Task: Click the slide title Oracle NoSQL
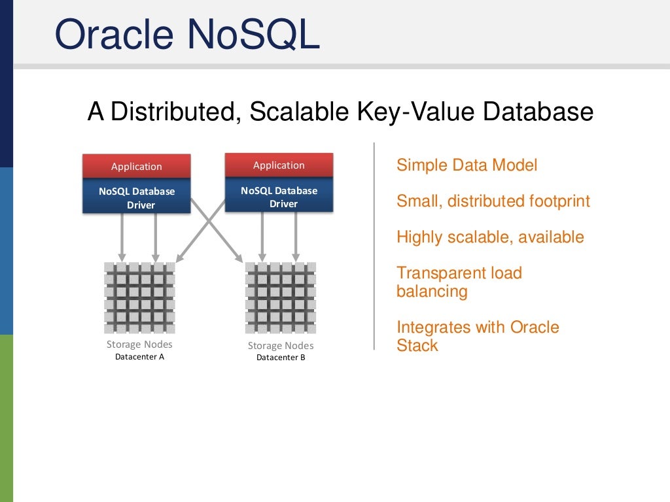click(x=187, y=35)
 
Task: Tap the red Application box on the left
click(x=137, y=166)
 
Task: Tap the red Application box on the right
click(x=279, y=165)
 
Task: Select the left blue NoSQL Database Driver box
click(x=137, y=197)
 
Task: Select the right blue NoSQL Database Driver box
click(x=279, y=197)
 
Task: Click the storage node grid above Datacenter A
click(x=139, y=297)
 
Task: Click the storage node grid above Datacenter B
click(x=281, y=297)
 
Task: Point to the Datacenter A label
click(x=139, y=357)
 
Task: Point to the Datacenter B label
click(x=281, y=358)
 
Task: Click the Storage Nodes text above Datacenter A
click(x=139, y=344)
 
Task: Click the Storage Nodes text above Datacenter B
click(x=281, y=346)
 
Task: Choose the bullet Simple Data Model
click(x=467, y=165)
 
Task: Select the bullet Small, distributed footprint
click(x=493, y=201)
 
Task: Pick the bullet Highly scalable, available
click(x=490, y=237)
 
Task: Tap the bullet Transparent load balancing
click(x=459, y=282)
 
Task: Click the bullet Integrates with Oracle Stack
click(x=477, y=336)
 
